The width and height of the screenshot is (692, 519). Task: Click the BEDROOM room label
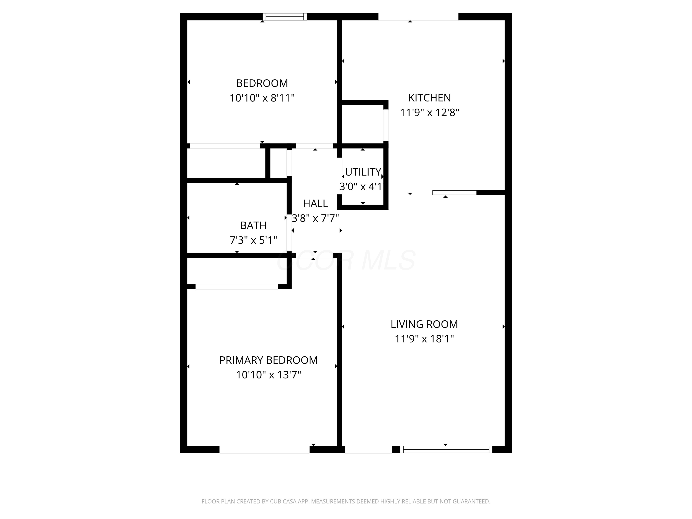(x=262, y=83)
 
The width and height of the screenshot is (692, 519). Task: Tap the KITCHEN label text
(x=429, y=98)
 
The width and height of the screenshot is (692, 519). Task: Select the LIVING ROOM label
(x=424, y=324)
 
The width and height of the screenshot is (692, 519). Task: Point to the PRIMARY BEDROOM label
(x=268, y=360)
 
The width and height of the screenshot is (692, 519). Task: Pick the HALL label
(x=315, y=203)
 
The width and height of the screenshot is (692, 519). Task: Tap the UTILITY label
(x=363, y=172)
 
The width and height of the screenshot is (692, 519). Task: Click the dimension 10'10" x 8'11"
(x=262, y=98)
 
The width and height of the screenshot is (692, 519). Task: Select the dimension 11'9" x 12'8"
(x=429, y=112)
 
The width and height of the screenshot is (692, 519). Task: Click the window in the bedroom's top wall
(x=284, y=17)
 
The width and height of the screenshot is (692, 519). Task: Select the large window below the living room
(x=446, y=450)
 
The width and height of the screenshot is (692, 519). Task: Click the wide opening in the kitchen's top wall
(x=418, y=17)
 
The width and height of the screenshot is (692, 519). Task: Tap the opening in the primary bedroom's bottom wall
(x=264, y=450)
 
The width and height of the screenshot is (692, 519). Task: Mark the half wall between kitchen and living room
(x=454, y=193)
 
